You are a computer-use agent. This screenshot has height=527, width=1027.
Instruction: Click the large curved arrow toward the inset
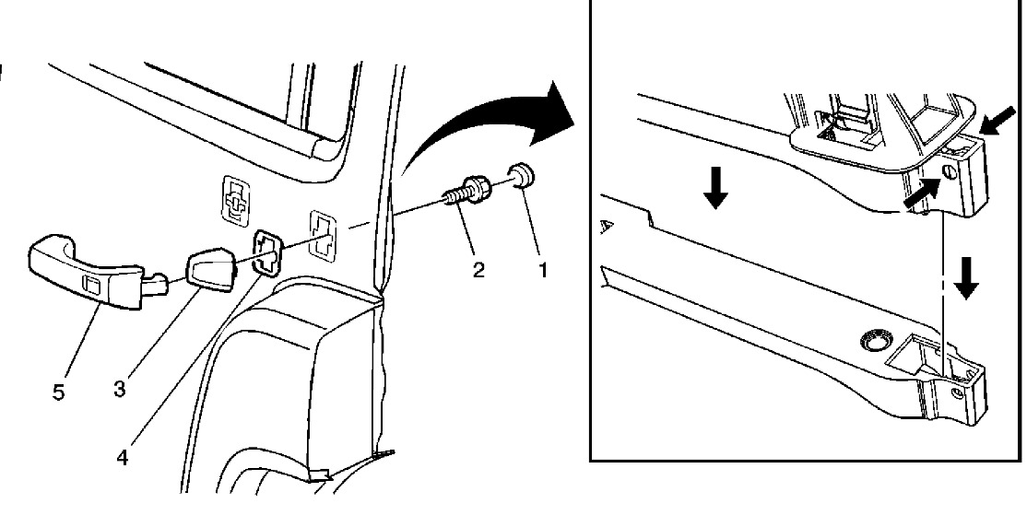[489, 124]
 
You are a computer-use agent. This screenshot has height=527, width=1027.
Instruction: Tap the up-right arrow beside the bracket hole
[921, 190]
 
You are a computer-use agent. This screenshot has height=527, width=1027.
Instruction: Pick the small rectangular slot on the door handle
[91, 284]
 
